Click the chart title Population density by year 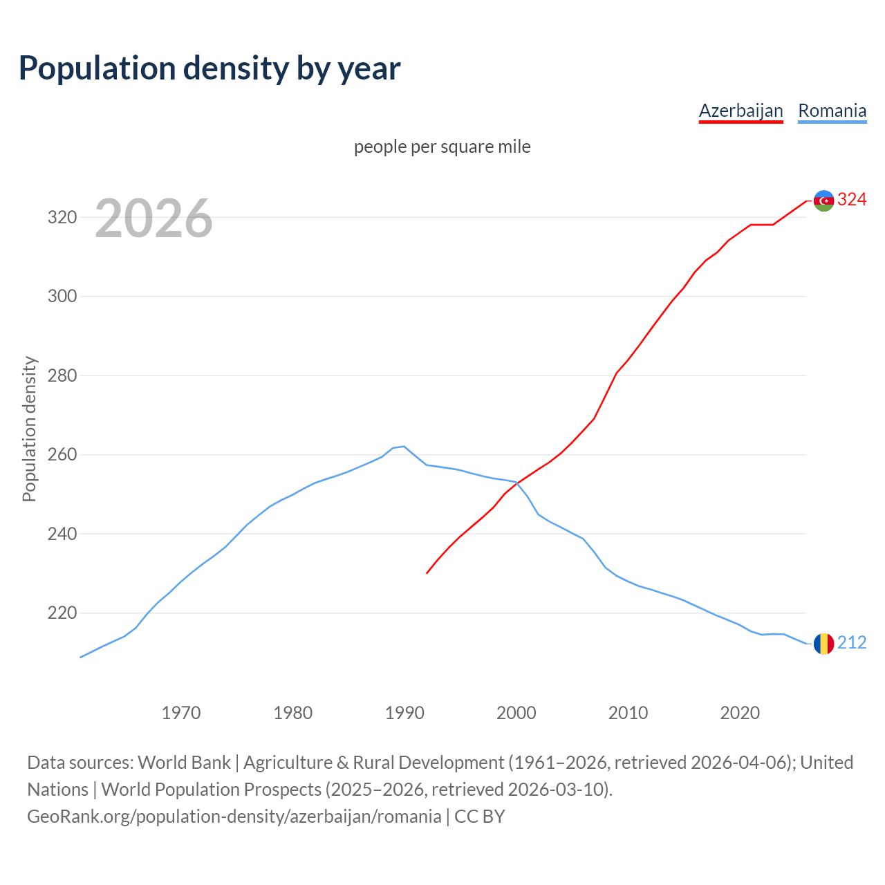point(209,68)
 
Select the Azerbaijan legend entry point(740,111)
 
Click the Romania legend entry point(832,111)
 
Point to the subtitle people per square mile point(442,147)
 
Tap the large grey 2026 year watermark point(153,218)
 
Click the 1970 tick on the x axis point(181,712)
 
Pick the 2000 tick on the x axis point(516,712)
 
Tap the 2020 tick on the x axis point(740,712)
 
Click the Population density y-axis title point(29,429)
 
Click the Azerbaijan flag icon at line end point(823,201)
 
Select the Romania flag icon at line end point(823,644)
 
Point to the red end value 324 point(852,200)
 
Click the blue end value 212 point(852,643)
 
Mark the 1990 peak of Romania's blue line point(404,446)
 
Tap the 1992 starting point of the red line point(427,573)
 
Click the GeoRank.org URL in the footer point(234,817)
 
